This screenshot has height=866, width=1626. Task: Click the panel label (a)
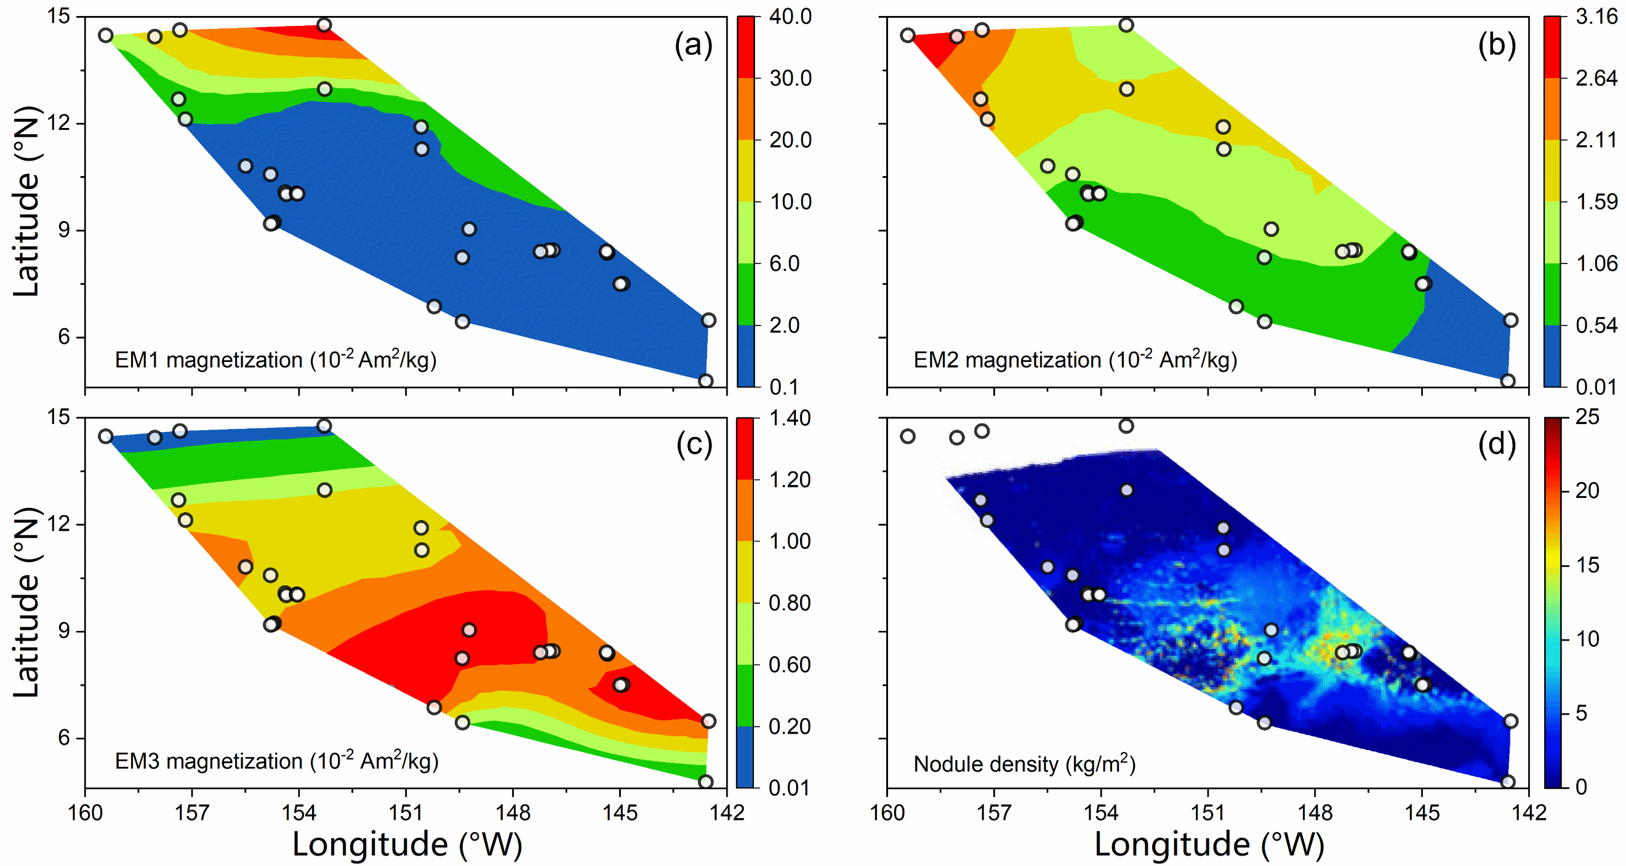click(694, 46)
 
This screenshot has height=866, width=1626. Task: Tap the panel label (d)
click(1497, 445)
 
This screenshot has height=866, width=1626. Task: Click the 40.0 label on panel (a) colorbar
click(790, 17)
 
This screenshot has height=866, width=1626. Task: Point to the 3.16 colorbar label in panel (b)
click(1596, 17)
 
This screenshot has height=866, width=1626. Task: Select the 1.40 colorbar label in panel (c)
click(790, 418)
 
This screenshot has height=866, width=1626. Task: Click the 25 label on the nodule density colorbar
click(1587, 417)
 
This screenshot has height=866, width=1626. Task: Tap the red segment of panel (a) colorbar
click(745, 47)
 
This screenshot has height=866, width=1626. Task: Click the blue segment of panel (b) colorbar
click(1552, 355)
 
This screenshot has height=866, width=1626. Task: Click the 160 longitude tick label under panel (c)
click(85, 813)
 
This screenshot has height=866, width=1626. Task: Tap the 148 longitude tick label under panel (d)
click(1315, 813)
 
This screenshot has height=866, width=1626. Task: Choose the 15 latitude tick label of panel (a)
click(59, 17)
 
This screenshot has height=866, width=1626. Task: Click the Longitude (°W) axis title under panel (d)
click(1209, 844)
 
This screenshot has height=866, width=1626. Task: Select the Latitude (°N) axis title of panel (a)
click(26, 202)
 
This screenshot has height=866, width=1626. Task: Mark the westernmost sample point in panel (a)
click(106, 35)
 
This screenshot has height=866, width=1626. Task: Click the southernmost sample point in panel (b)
click(1508, 380)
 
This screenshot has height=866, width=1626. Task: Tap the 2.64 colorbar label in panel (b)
click(1596, 78)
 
